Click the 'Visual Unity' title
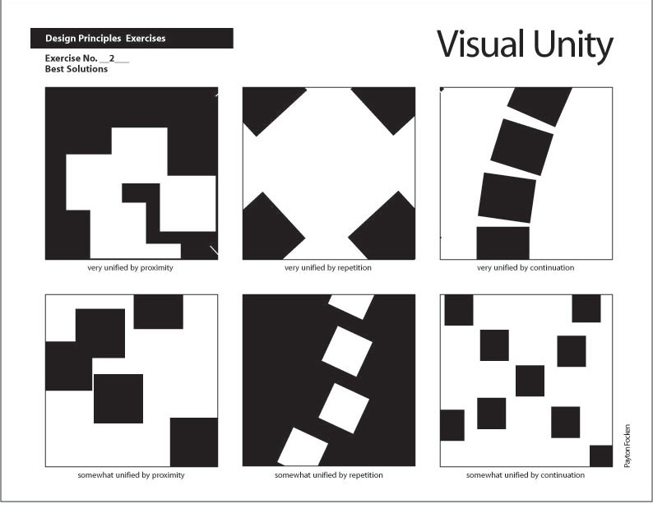[524, 45]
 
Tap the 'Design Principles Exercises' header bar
[132, 39]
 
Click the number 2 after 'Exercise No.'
[112, 58]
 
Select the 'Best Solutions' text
[76, 69]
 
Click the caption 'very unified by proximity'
[131, 267]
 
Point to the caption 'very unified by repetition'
[328, 267]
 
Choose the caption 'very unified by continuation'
[526, 267]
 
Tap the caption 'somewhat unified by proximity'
[131, 475]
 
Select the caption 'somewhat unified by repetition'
[328, 475]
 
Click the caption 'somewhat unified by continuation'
[526, 475]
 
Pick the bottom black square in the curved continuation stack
[502, 243]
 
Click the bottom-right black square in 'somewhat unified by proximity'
[194, 442]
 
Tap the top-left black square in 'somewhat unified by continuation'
[458, 309]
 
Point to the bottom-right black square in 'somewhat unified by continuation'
[601, 456]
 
